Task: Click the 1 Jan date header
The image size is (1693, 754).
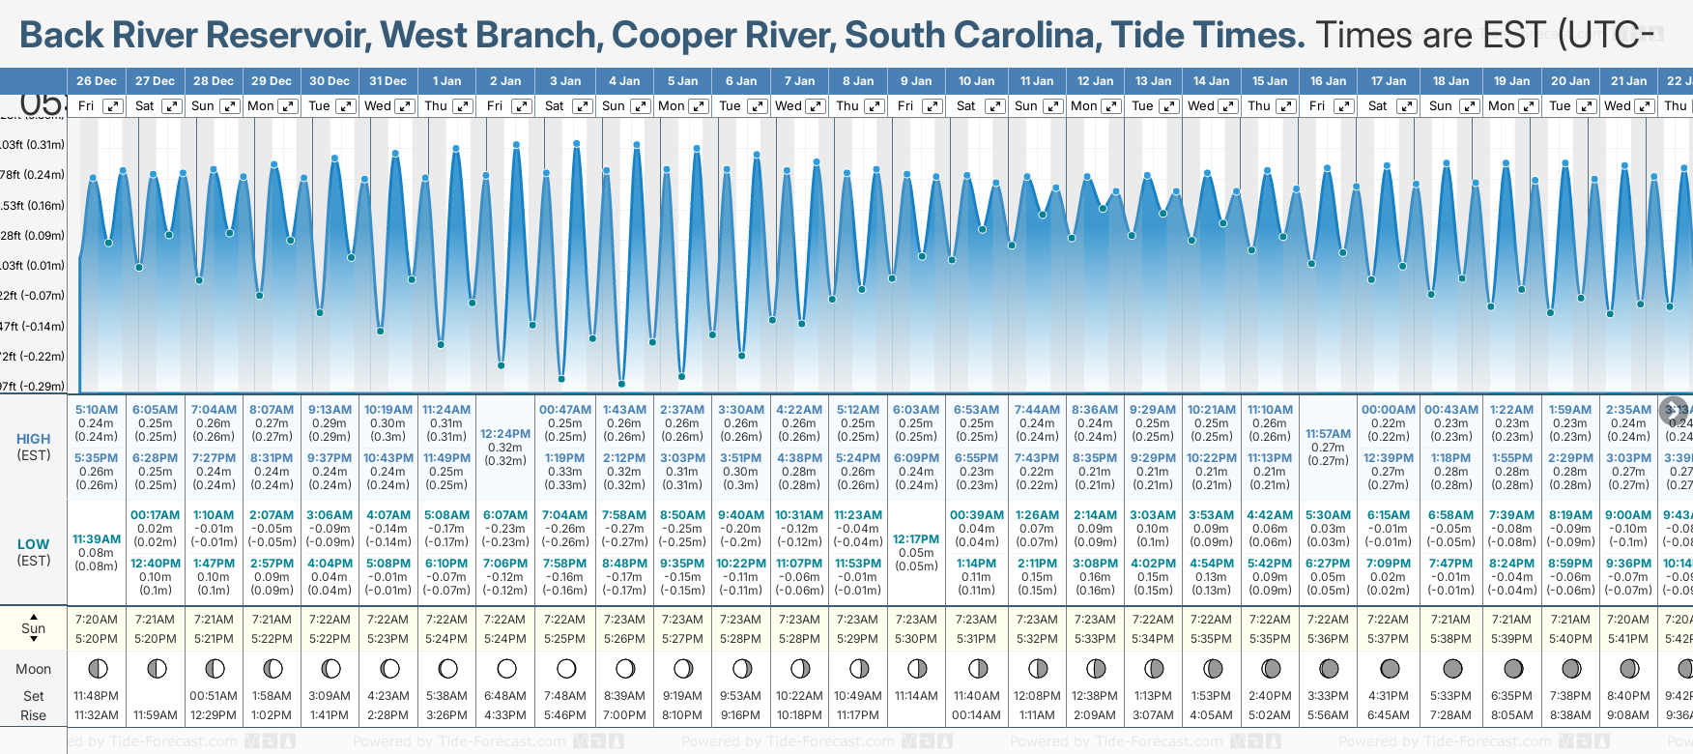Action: [446, 81]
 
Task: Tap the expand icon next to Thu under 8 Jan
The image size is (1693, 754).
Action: [874, 106]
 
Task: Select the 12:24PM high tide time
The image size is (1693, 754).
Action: [505, 434]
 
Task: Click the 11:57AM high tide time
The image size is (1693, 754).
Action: [1328, 434]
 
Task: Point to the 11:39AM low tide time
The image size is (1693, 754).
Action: [97, 539]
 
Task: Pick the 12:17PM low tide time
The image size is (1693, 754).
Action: [916, 539]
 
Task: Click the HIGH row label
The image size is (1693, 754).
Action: [34, 439]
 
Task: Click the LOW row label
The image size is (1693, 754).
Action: [34, 544]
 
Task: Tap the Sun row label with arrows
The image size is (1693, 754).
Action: [34, 628]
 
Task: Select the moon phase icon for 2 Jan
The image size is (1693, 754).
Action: [506, 669]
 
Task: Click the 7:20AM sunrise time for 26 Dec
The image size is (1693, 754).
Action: [97, 620]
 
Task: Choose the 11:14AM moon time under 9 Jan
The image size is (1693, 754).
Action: [916, 696]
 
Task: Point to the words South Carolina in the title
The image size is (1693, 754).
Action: [972, 36]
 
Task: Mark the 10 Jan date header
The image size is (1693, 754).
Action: [976, 81]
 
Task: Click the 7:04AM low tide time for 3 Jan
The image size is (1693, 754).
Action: [564, 515]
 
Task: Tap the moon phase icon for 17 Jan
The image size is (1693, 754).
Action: [1390, 669]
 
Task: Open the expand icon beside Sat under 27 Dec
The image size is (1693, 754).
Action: [171, 106]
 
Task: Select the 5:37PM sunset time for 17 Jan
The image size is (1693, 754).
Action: [1388, 639]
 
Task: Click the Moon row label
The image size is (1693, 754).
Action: [34, 669]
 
